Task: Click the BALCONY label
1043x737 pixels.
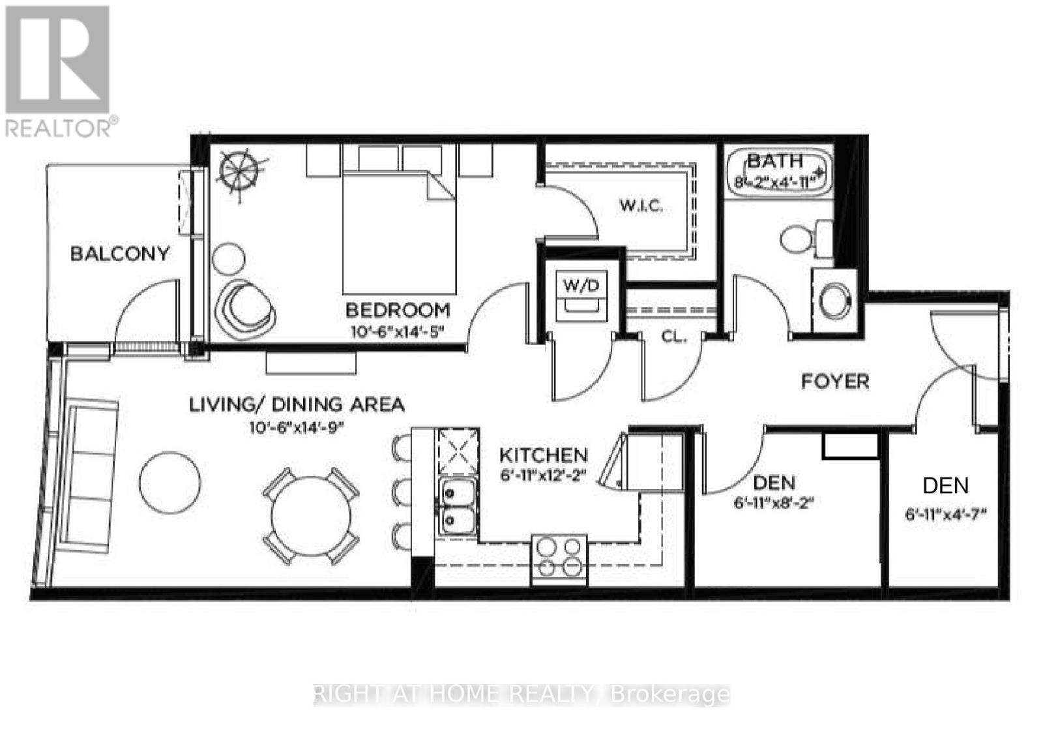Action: pyautogui.click(x=120, y=254)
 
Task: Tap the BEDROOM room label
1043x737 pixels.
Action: pyautogui.click(x=398, y=310)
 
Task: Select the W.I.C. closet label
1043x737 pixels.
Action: pyautogui.click(x=641, y=205)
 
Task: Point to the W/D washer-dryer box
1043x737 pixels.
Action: pyautogui.click(x=581, y=295)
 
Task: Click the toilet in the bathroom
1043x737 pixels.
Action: pyautogui.click(x=806, y=239)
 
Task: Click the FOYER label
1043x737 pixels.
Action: pyautogui.click(x=835, y=382)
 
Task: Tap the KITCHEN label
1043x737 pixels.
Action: pyautogui.click(x=544, y=455)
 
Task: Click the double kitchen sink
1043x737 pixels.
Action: pyautogui.click(x=458, y=507)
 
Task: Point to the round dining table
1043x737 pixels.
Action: pyautogui.click(x=311, y=516)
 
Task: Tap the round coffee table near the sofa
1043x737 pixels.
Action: pyautogui.click(x=170, y=483)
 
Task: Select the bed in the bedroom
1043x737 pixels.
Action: pyautogui.click(x=398, y=233)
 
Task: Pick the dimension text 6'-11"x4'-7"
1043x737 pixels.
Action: pyautogui.click(x=945, y=515)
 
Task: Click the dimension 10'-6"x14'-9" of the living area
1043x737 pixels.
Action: pyautogui.click(x=296, y=428)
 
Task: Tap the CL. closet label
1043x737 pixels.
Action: pyautogui.click(x=674, y=337)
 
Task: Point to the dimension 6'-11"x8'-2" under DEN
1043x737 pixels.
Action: pyautogui.click(x=774, y=503)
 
